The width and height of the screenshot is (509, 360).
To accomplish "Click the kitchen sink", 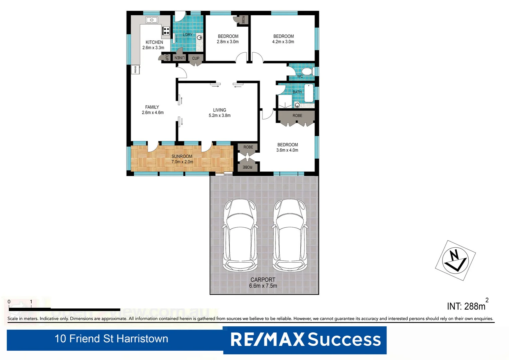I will [152, 20].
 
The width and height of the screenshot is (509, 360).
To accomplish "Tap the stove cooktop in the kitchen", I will [166, 31].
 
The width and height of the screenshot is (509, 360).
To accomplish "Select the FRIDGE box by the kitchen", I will [135, 69].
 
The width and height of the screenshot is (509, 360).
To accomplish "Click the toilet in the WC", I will [306, 71].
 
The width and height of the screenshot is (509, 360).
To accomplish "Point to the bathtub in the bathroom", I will [309, 93].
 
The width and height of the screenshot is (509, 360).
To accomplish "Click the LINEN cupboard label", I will [179, 58].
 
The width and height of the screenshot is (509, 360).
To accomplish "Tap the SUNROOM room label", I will [182, 156].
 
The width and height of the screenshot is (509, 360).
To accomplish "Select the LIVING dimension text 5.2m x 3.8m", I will [220, 116].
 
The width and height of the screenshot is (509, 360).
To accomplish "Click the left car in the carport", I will [240, 235].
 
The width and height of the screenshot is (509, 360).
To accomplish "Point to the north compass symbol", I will [455, 260].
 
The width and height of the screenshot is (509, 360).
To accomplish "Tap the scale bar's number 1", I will [31, 302].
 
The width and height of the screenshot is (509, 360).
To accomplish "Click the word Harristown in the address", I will [142, 339].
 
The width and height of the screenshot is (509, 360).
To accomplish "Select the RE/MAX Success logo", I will [305, 340].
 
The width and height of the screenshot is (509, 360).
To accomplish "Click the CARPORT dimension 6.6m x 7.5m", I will [263, 286].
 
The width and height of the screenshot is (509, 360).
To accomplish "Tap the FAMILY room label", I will [152, 107].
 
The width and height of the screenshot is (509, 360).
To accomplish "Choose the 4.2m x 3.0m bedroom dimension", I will [283, 42].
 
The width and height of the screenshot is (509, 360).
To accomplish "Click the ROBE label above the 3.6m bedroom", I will [297, 116].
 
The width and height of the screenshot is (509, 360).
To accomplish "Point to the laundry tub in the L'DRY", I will [199, 37].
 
